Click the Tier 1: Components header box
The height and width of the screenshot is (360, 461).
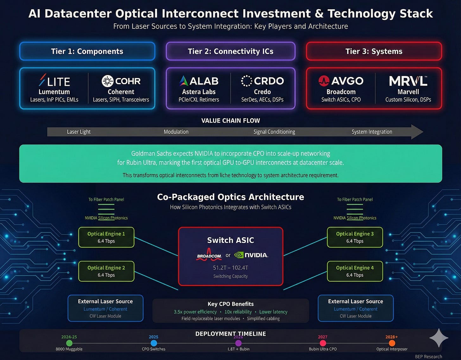87,51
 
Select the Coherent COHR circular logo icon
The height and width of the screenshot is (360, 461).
108,81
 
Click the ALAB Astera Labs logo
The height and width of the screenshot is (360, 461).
199,81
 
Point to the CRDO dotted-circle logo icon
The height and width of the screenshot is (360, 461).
247,81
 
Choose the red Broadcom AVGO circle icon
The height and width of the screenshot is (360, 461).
324,81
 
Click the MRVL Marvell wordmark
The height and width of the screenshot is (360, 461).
408,81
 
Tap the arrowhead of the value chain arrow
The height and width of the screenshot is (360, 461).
417,132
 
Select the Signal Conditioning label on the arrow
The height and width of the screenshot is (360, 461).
274,132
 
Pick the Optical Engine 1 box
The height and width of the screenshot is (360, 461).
106,237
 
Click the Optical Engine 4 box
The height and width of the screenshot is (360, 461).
355,271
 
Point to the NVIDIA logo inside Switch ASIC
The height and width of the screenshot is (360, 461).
251,255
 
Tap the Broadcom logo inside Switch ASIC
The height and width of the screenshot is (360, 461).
209,255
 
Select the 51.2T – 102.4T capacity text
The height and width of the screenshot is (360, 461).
230,268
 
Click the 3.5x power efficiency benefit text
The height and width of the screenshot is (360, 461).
195,312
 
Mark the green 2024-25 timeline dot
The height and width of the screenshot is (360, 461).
69,343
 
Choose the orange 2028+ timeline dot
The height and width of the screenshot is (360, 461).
392,343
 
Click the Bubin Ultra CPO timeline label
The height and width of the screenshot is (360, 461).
323,349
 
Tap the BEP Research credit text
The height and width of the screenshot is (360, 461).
428,357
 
